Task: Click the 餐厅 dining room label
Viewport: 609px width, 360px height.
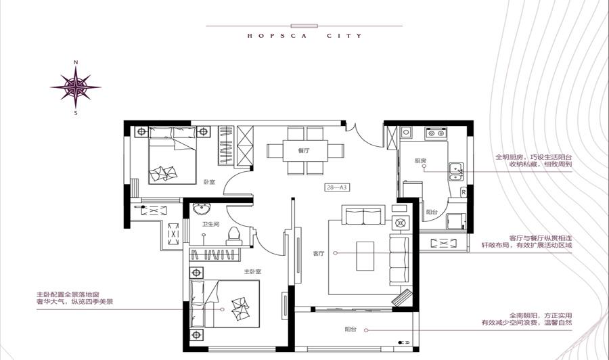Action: [x=304, y=150]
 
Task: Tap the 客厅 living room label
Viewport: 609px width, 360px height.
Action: [x=319, y=253]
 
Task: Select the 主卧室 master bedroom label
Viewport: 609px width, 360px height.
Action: [x=252, y=272]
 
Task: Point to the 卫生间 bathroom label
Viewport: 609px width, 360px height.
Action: [x=211, y=224]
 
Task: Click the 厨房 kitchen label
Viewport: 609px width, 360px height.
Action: [x=421, y=160]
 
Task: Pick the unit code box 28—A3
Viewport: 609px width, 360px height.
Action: [x=336, y=187]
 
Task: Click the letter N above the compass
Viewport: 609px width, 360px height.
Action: [x=76, y=62]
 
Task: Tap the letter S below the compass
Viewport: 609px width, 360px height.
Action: [x=76, y=113]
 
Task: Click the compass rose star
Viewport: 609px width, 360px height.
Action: [x=76, y=87]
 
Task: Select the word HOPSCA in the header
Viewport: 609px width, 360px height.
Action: [x=277, y=36]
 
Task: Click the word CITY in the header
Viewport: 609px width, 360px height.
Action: [x=344, y=36]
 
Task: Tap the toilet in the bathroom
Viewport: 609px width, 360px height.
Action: [x=234, y=236]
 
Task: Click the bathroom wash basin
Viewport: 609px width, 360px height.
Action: [x=202, y=209]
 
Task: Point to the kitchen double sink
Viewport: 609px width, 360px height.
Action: [x=456, y=172]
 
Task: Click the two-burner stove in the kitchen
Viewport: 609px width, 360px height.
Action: [x=436, y=133]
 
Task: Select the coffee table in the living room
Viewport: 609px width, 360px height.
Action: [x=365, y=256]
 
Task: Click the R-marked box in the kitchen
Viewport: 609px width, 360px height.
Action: [x=464, y=192]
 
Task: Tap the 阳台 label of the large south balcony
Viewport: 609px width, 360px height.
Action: [x=351, y=330]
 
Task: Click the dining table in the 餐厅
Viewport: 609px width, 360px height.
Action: [x=305, y=151]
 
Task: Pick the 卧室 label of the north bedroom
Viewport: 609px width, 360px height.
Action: [x=209, y=182]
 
